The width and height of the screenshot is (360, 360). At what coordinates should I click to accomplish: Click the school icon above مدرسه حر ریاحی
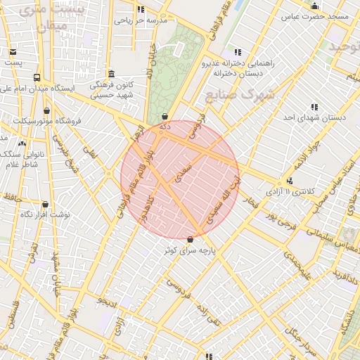click(x=141, y=9)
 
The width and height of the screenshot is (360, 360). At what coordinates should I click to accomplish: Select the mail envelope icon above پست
click(x=13, y=51)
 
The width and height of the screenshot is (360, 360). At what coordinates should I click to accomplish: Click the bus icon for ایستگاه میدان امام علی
click(x=36, y=78)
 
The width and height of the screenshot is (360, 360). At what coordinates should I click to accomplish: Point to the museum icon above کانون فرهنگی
click(x=111, y=74)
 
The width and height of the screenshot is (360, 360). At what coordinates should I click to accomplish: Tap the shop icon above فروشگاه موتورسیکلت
click(x=47, y=110)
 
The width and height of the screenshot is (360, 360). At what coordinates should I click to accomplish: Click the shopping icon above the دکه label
click(x=165, y=116)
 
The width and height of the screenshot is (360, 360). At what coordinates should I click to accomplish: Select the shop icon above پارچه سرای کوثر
click(x=190, y=239)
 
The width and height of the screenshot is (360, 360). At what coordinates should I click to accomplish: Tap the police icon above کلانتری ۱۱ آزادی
click(x=289, y=181)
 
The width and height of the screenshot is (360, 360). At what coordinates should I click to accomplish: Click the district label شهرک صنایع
click(x=248, y=94)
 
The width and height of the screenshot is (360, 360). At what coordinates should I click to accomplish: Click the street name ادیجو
click(x=107, y=302)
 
